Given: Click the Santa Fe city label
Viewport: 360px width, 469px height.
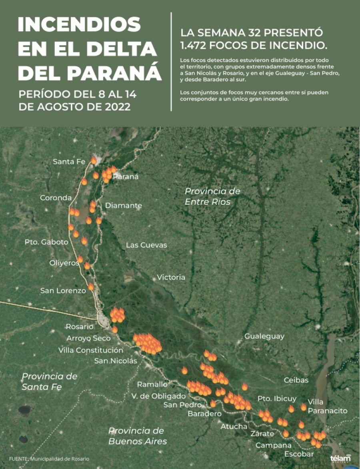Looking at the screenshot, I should (69, 162).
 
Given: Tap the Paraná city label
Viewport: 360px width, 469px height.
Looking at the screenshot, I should (126, 176).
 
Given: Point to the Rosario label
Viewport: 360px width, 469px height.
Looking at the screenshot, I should (80, 327).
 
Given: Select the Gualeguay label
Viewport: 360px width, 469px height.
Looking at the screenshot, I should (264, 336).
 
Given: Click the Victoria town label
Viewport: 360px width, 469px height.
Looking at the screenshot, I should (171, 277).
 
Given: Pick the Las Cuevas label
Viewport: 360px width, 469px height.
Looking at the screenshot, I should (146, 245).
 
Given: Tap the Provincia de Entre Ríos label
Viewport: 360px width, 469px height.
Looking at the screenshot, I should (212, 196).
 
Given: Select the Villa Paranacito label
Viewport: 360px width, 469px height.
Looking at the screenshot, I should (327, 406).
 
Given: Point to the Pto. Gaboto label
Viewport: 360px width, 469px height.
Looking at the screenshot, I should (46, 242).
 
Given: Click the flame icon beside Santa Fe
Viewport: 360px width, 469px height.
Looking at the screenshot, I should (94, 160).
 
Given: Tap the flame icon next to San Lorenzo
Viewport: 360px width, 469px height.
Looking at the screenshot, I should (91, 287).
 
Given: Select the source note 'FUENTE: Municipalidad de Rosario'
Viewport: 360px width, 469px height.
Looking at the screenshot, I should (49, 459).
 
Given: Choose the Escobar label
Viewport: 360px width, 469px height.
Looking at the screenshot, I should (299, 454).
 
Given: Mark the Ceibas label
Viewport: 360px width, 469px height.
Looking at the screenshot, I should (296, 380).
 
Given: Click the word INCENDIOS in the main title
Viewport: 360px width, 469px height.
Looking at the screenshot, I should (79, 25).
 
